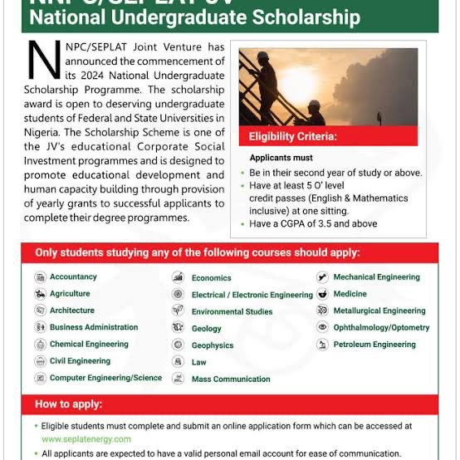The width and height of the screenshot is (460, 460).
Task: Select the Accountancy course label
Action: (x=73, y=276)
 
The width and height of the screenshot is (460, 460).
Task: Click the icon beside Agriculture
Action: (x=40, y=294)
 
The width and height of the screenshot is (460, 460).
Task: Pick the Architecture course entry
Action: (x=72, y=311)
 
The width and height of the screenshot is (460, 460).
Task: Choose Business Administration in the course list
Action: (x=94, y=327)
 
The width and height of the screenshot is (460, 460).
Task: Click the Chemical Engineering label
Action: (x=89, y=344)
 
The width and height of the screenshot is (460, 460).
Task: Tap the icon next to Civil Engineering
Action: (x=40, y=361)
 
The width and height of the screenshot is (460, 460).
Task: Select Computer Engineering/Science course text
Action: (x=105, y=378)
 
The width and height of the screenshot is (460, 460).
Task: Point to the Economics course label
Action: (x=211, y=278)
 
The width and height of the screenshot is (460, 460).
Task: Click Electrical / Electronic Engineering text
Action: (x=252, y=295)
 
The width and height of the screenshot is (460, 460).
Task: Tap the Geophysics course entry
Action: (x=213, y=345)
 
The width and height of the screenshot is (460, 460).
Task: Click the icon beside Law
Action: (x=178, y=362)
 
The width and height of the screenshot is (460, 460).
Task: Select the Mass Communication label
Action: (x=231, y=379)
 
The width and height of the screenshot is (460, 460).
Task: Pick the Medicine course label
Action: (x=350, y=294)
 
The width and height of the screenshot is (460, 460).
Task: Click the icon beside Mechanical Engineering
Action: (x=322, y=277)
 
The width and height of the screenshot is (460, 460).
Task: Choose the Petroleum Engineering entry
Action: (x=374, y=345)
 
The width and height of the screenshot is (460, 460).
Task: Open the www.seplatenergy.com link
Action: (x=86, y=438)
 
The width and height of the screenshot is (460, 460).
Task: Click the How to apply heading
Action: (x=69, y=404)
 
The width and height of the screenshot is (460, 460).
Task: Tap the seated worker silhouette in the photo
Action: (x=312, y=111)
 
